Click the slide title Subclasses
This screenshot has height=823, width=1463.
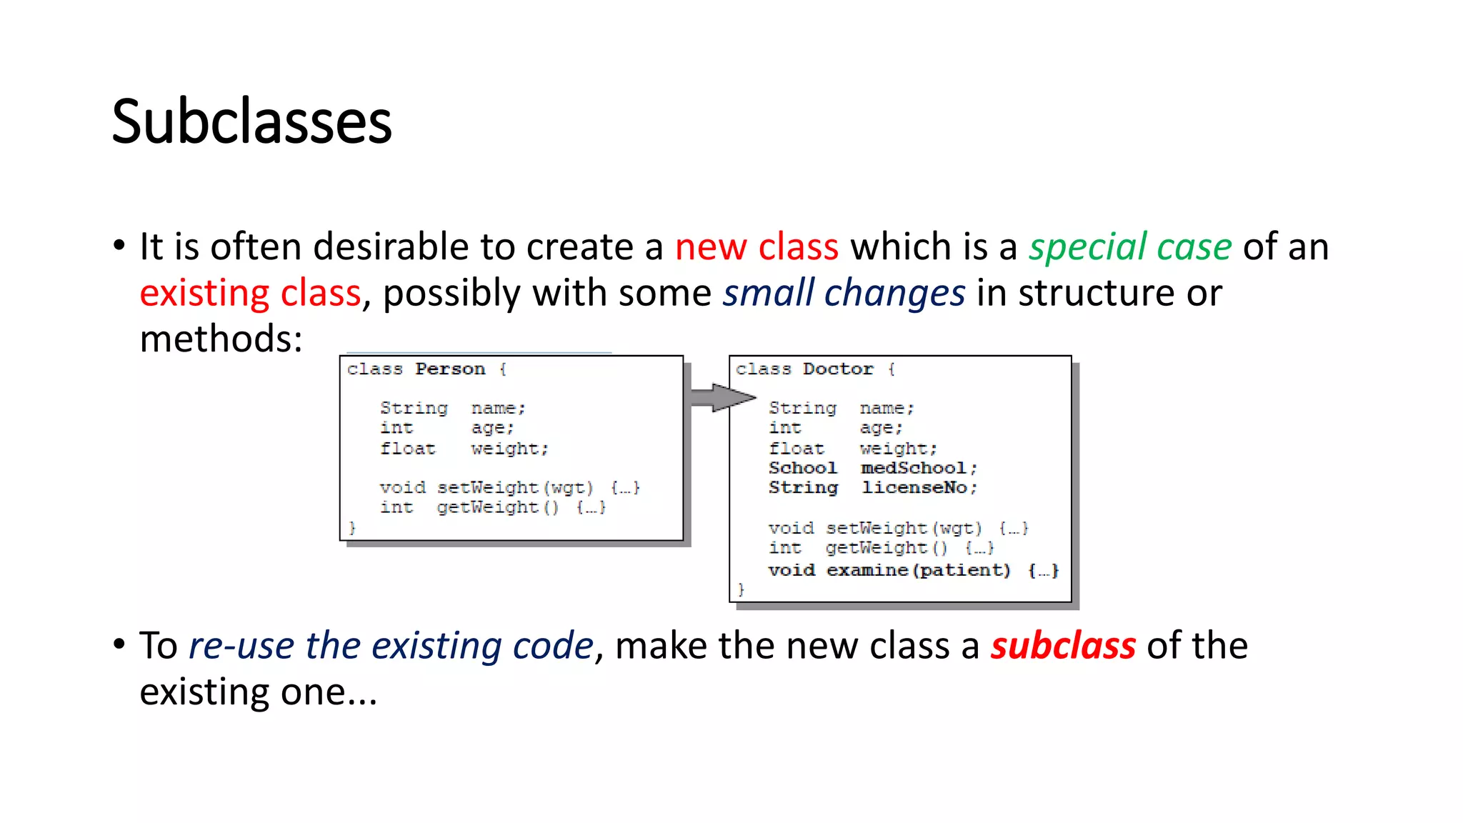click(251, 121)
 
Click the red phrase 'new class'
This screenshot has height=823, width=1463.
click(757, 247)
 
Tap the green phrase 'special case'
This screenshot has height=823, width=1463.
click(1130, 247)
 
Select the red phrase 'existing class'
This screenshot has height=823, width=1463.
click(250, 294)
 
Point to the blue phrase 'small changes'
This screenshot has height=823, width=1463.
click(844, 294)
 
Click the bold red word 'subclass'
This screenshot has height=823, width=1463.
click(1062, 646)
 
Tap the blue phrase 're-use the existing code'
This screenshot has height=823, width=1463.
click(391, 646)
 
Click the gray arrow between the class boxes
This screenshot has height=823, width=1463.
click(721, 397)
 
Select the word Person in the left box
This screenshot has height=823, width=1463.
click(450, 369)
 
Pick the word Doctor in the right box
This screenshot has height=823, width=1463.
click(838, 369)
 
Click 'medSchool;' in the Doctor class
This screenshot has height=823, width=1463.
click(919, 468)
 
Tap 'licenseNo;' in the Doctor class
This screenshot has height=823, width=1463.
click(919, 487)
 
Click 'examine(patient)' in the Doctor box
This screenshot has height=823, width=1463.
click(919, 570)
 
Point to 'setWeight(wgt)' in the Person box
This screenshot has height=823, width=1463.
click(515, 487)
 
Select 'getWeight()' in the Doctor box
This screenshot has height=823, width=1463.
click(887, 548)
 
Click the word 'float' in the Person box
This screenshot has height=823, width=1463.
click(407, 449)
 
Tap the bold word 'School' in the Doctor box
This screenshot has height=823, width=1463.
click(802, 468)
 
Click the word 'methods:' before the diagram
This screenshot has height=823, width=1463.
click(221, 339)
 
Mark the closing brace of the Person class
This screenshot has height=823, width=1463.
click(351, 527)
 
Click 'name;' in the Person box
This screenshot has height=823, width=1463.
click(498, 408)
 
